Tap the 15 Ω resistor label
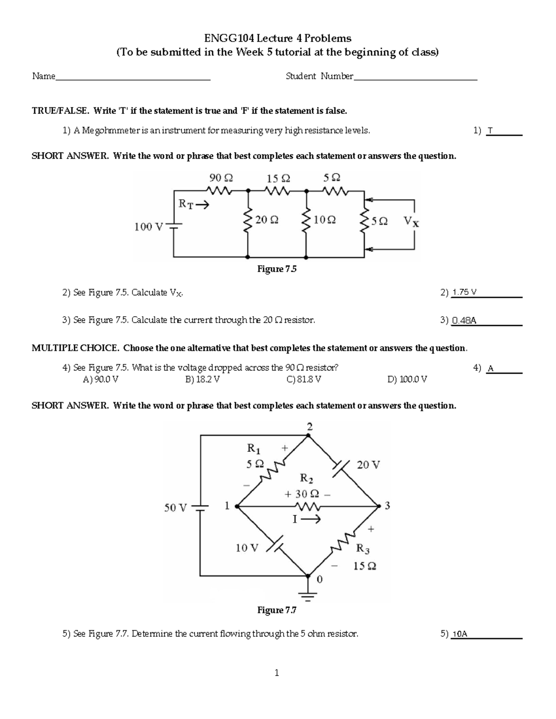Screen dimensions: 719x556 [x=278, y=178]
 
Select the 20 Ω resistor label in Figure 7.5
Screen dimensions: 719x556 [x=267, y=220]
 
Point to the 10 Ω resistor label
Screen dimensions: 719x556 [x=325, y=220]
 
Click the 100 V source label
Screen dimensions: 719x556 [x=149, y=227]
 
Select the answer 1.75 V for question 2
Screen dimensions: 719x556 [x=464, y=293]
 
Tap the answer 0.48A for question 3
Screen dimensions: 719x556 [x=464, y=320]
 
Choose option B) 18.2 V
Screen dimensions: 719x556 [x=202, y=380]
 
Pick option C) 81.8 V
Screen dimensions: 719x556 [x=304, y=380]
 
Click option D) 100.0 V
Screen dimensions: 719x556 [x=407, y=380]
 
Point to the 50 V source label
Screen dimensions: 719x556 [x=176, y=508]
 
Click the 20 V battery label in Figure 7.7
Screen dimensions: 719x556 [x=368, y=465]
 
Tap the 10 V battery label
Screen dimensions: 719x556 [x=247, y=548]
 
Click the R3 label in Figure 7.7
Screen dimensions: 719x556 [x=362, y=550]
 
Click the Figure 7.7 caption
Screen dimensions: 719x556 [x=277, y=610]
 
